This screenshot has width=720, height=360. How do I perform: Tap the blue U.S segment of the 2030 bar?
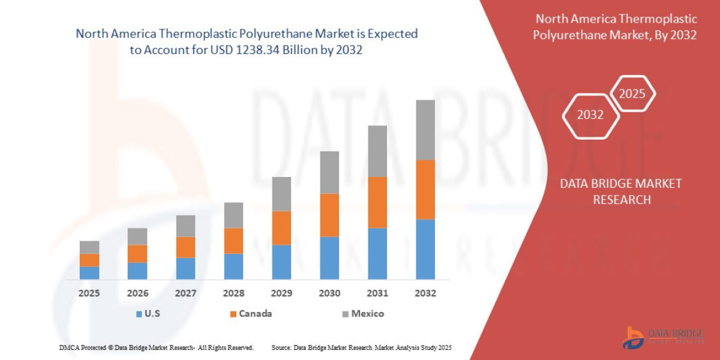click(329, 258)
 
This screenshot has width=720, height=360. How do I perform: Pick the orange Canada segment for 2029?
click(281, 227)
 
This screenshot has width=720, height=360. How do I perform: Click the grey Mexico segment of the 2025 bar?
click(89, 247)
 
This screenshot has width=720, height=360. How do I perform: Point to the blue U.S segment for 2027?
click(185, 268)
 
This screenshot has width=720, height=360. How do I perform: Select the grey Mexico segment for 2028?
click(233, 215)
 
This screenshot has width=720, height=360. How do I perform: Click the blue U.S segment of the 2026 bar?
click(137, 271)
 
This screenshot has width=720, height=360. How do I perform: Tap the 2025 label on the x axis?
click(89, 293)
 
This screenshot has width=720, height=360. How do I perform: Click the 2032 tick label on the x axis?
click(425, 293)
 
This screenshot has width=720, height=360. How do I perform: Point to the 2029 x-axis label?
click(281, 293)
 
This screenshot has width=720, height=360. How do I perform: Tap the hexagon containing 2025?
click(632, 94)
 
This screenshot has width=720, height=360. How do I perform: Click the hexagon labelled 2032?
click(590, 115)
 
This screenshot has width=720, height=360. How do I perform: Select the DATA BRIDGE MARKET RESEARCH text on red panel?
click(621, 191)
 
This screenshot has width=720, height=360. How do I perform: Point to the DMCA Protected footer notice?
click(156, 347)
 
